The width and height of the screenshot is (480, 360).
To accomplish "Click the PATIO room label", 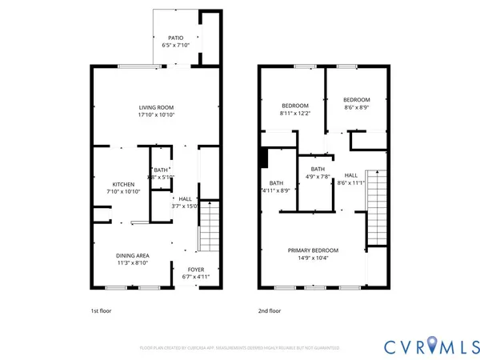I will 174,38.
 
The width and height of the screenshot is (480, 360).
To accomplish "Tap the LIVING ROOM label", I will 156,107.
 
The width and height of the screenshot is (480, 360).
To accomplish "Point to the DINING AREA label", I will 134,256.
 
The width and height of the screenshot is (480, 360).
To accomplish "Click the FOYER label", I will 196,269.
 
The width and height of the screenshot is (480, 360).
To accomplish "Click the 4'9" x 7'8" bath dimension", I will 318,177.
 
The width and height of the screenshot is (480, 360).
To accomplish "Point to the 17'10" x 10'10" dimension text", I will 156,115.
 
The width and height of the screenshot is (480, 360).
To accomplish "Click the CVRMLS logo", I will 429,345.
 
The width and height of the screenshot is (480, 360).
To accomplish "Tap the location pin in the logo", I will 434,345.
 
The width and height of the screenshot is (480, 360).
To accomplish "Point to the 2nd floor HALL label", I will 351,174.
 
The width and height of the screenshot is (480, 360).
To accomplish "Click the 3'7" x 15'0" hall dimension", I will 185,206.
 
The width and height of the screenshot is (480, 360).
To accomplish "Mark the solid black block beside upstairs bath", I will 262,157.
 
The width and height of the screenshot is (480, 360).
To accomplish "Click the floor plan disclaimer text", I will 239,348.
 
